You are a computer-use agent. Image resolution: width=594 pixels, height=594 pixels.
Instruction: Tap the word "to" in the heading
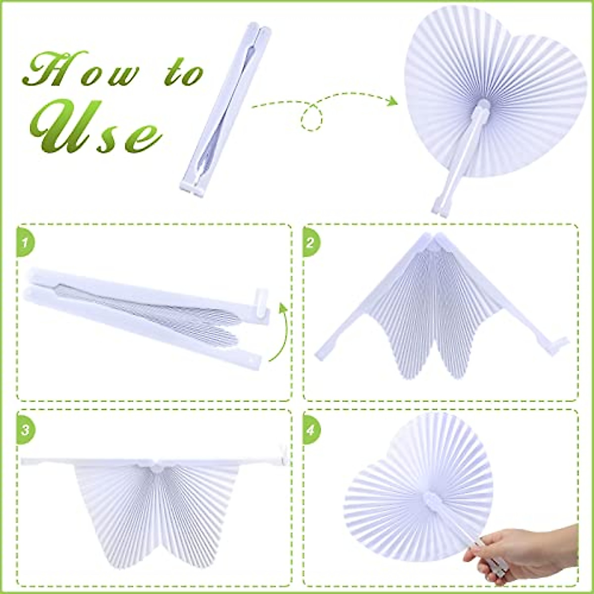pos(184,73)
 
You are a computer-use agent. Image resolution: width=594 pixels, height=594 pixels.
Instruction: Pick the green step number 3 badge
pos(25,429)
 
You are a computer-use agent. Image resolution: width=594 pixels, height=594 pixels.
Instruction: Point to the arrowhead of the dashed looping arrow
pos(392,101)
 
